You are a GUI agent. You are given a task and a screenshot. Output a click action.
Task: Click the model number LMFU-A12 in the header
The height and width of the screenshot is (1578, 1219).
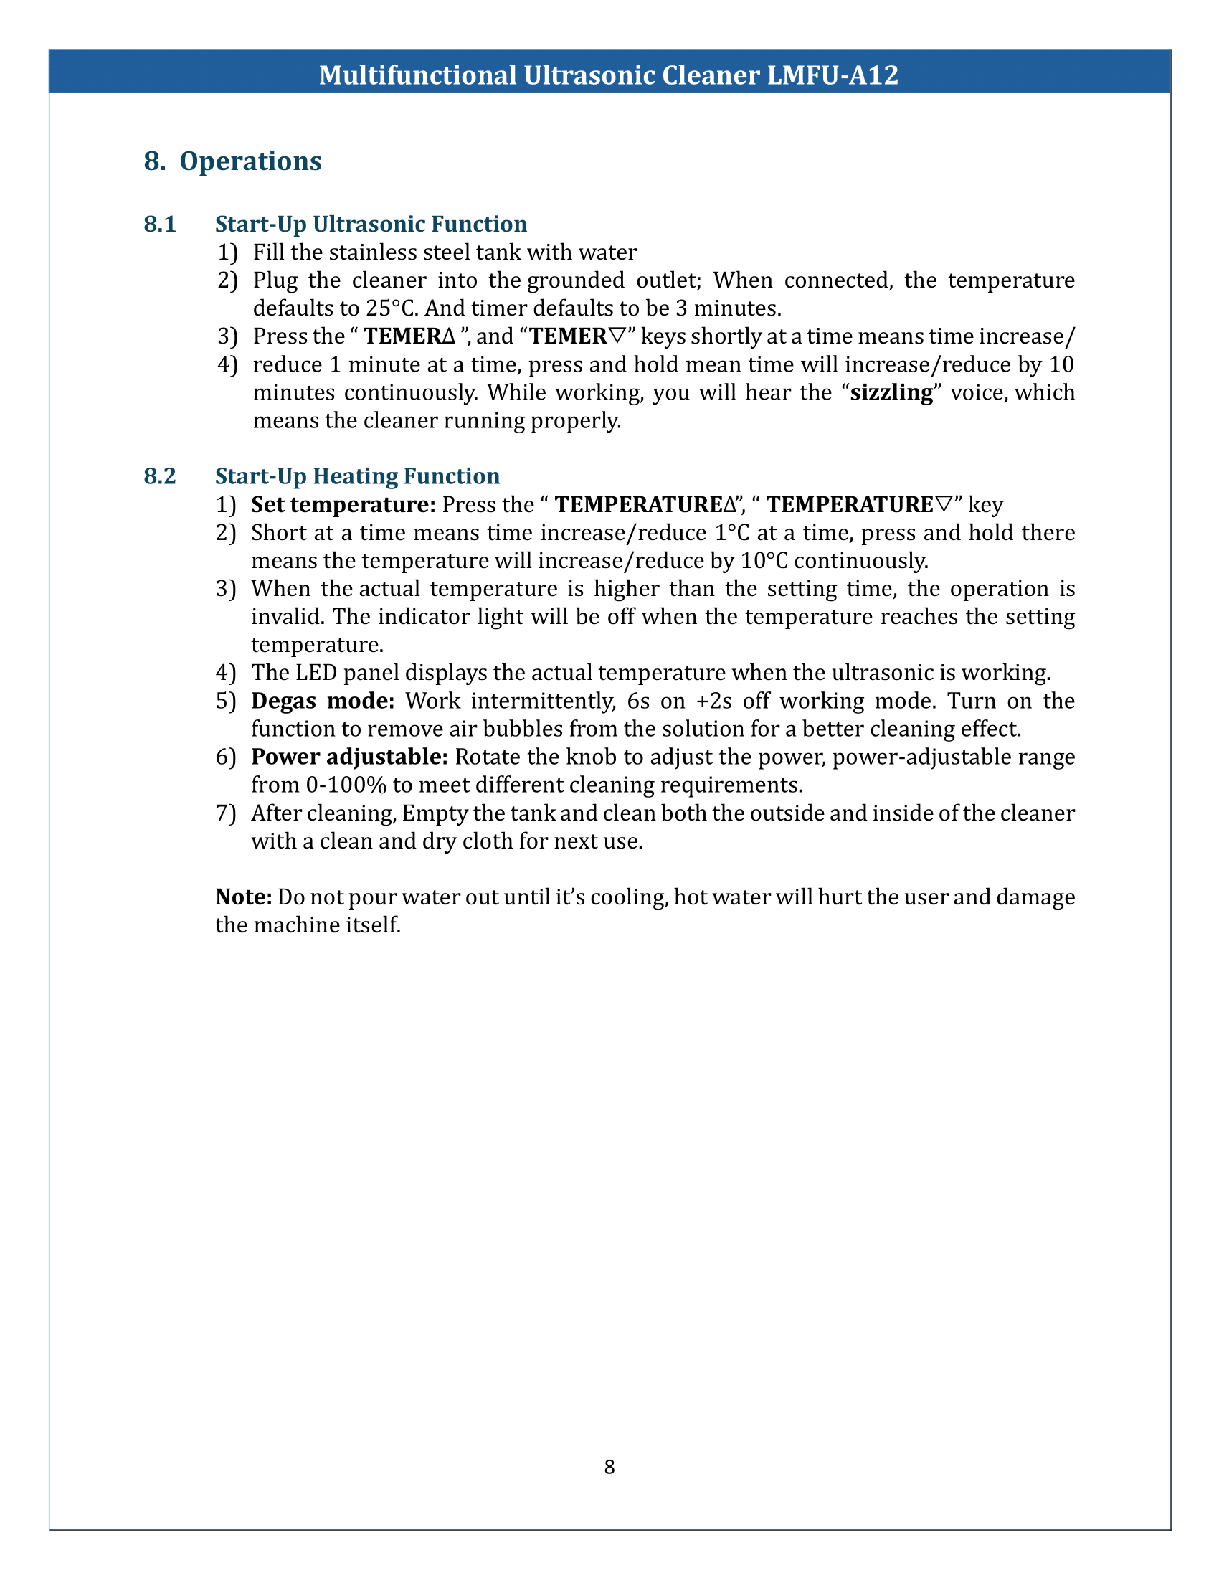point(832,75)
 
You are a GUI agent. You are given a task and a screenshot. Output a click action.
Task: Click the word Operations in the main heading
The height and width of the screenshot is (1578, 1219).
point(250,161)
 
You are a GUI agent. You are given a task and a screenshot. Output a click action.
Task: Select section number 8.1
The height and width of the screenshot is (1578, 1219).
point(160,224)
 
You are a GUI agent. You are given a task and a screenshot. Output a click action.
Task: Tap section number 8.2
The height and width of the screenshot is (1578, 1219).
point(160,476)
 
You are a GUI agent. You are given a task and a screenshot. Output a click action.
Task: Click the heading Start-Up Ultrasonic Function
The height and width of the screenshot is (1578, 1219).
point(371,224)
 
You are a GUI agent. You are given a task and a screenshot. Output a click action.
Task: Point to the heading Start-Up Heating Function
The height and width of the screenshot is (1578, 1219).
point(358,476)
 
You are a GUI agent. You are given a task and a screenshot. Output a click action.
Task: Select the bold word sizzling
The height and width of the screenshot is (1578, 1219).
point(892,392)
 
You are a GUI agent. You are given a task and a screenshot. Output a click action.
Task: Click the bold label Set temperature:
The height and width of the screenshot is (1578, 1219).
point(343,504)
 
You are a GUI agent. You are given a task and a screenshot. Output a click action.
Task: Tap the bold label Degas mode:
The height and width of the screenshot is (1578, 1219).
point(322,701)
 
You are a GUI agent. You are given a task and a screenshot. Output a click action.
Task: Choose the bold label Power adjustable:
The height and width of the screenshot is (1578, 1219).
point(349,757)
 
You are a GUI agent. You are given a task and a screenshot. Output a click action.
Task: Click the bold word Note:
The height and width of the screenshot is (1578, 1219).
point(243,897)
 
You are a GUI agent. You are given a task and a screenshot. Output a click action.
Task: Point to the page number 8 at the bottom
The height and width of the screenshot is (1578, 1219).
point(609,1467)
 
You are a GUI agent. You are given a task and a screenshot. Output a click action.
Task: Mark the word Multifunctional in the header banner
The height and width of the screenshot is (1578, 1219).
point(417,75)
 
